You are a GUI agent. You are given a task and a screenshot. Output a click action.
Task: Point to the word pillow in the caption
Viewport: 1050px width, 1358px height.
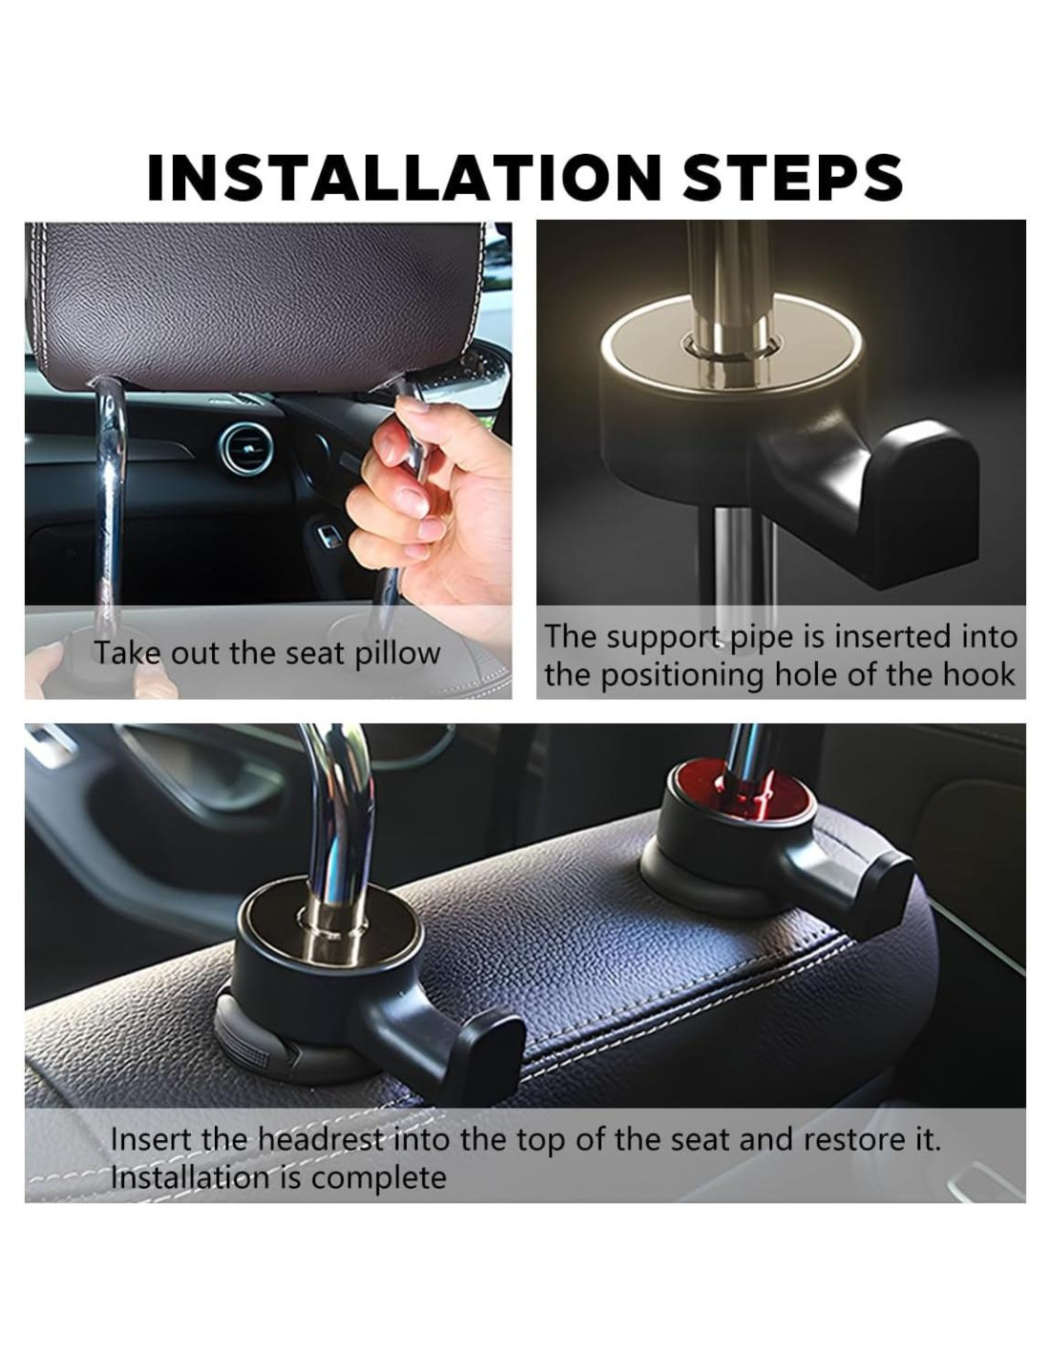[398, 654]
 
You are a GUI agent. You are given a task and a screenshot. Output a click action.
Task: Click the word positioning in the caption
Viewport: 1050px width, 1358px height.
[682, 677]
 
